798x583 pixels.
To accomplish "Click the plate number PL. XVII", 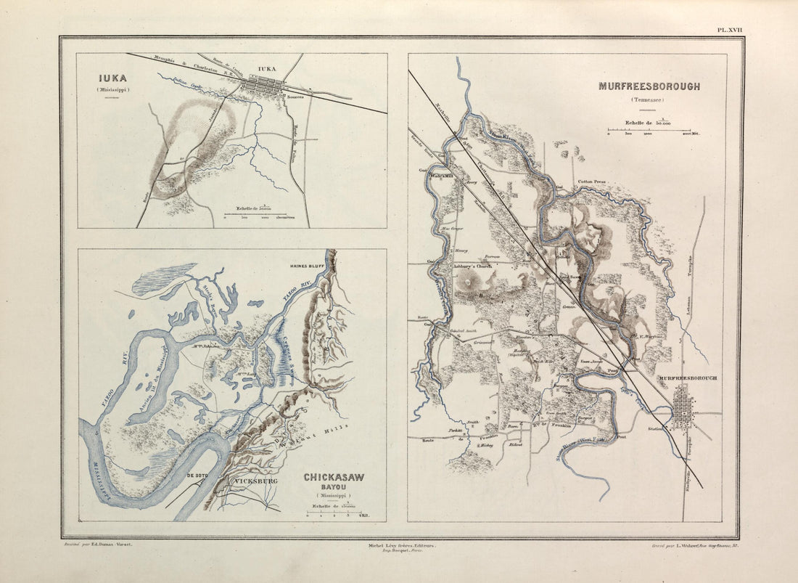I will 730,30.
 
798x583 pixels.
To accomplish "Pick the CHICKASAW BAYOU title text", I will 334,483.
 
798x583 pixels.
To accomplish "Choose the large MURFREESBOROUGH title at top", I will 649,86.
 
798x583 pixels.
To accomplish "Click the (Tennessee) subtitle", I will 648,100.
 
